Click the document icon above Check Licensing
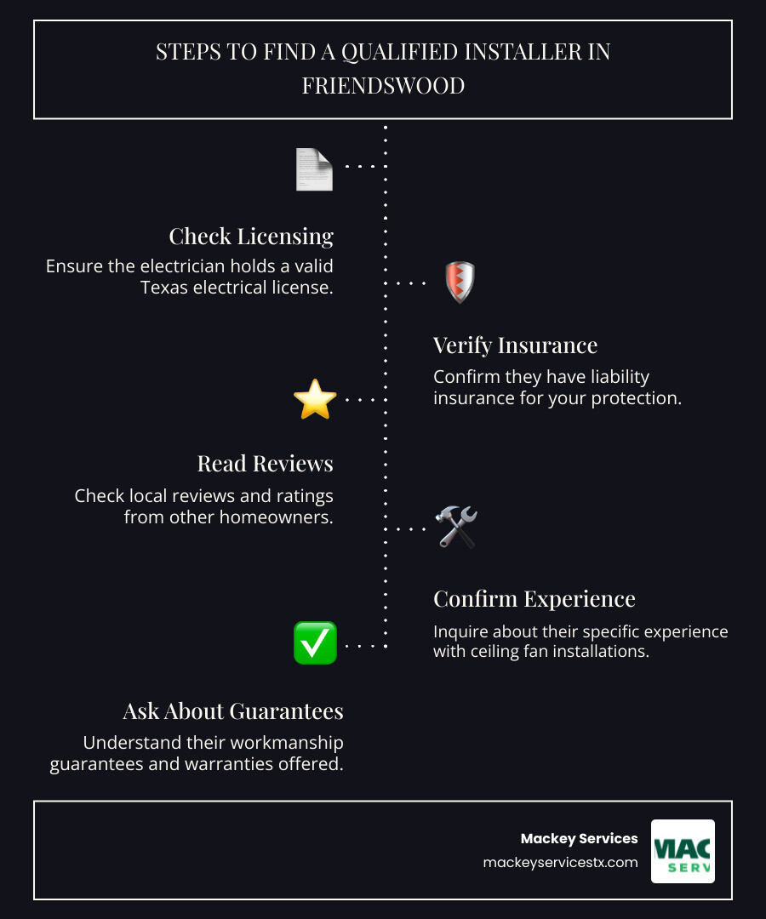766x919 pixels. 314,168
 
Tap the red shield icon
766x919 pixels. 460,283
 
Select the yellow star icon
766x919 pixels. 315,400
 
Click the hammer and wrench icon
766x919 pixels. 456,527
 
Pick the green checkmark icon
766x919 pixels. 315,642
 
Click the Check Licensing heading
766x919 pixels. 251,236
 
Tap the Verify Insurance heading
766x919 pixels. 515,345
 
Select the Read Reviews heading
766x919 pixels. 265,463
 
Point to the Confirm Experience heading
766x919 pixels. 534,598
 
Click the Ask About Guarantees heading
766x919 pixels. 232,711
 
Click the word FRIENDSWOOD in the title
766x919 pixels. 383,86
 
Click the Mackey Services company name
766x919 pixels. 579,838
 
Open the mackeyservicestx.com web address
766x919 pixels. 560,862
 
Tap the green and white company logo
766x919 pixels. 683,851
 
